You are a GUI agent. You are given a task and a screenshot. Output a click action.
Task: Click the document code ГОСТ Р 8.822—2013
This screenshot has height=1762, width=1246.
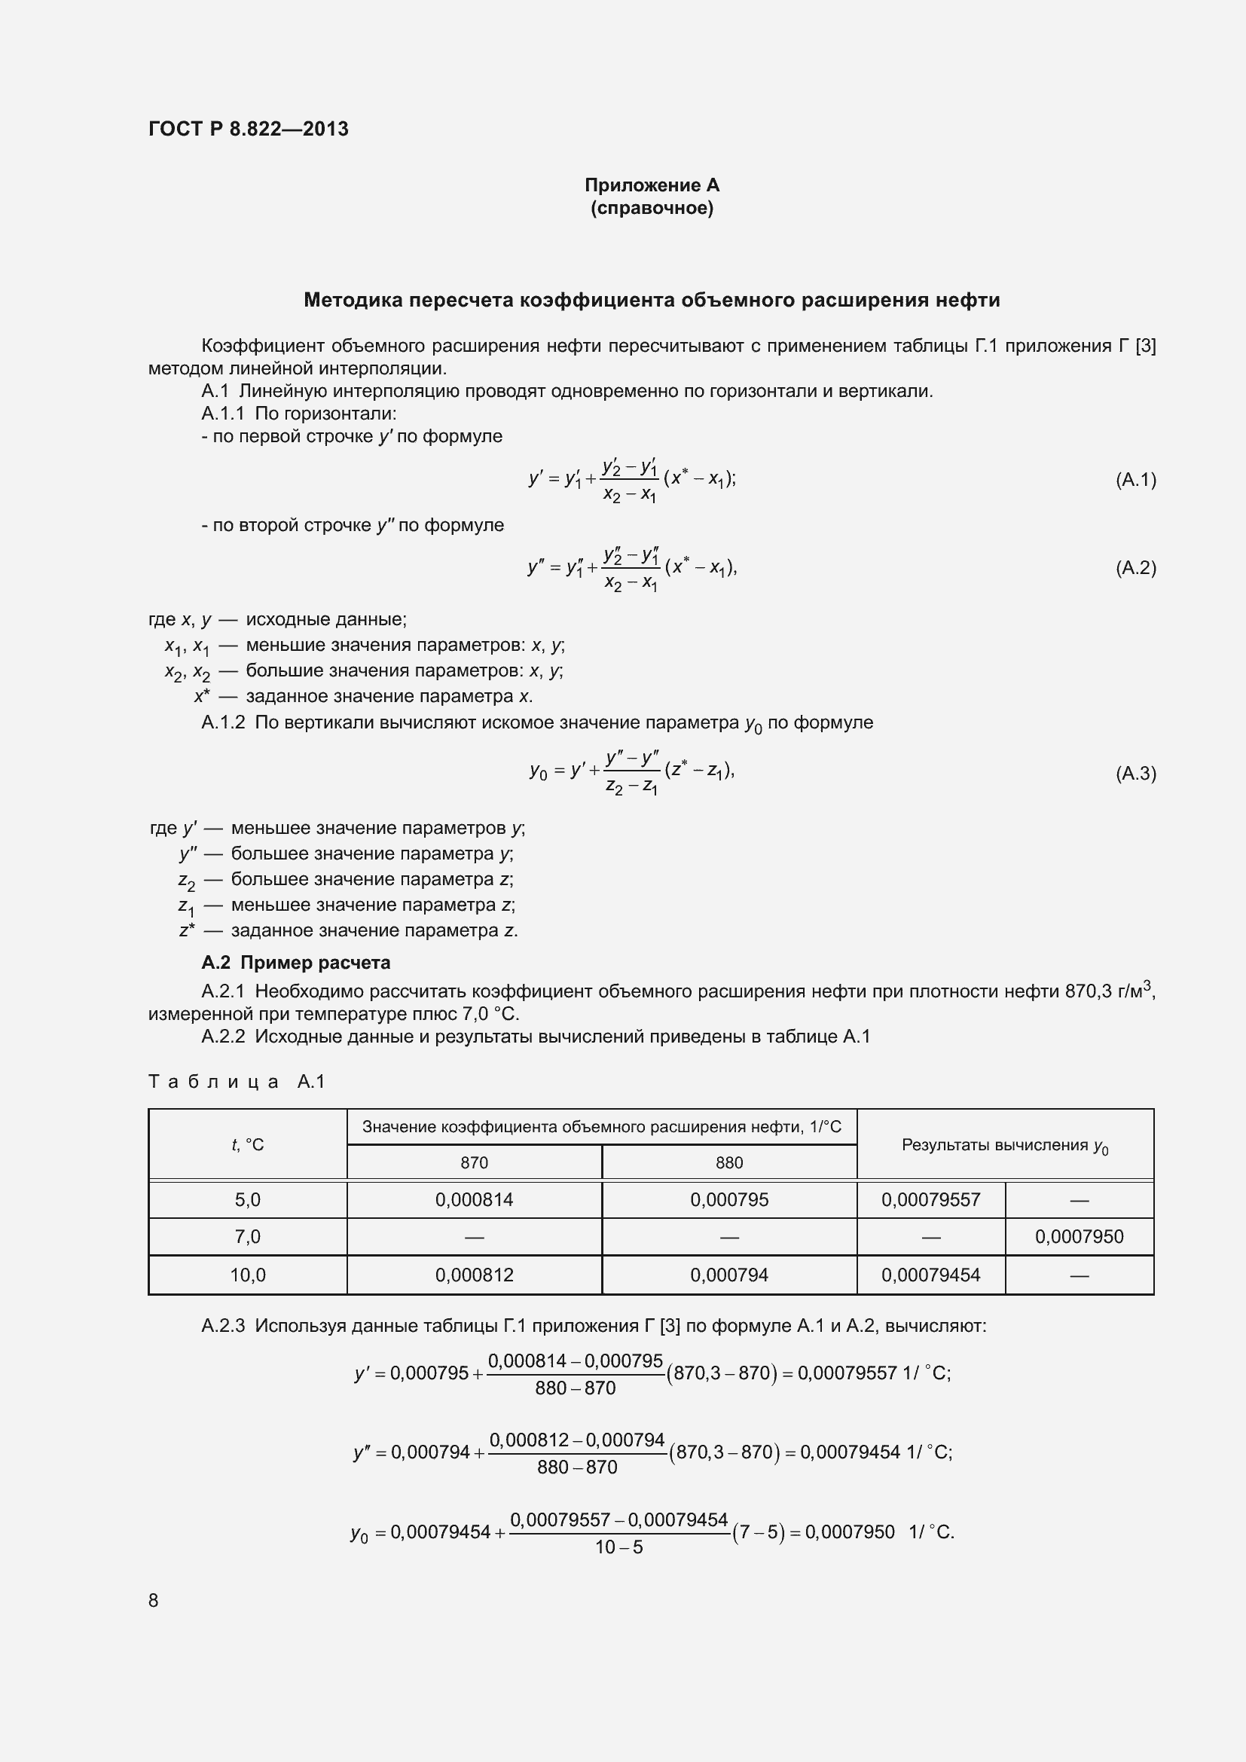coord(248,129)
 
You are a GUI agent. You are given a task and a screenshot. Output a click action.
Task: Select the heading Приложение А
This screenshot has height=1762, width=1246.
coord(652,185)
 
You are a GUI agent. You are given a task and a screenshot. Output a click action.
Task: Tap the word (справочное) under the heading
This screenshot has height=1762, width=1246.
coord(652,209)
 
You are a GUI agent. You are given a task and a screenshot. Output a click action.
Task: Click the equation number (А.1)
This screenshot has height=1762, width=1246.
coord(1135,480)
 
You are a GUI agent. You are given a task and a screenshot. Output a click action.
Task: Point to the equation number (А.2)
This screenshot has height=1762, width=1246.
coord(1135,568)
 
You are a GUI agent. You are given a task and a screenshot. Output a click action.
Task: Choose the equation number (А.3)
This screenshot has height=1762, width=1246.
coord(1135,773)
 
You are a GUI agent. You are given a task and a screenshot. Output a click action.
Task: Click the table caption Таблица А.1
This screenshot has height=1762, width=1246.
coord(237,1081)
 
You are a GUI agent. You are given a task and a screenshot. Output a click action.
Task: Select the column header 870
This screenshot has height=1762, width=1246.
coord(473,1162)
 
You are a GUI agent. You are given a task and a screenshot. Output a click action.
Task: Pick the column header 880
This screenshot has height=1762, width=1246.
coord(729,1162)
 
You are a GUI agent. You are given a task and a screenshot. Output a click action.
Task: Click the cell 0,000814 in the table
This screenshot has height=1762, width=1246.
coord(473,1199)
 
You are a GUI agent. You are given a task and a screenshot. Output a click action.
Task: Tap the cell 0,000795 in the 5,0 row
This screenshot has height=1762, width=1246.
coord(729,1199)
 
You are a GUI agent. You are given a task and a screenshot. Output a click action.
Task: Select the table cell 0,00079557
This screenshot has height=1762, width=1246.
coord(930,1199)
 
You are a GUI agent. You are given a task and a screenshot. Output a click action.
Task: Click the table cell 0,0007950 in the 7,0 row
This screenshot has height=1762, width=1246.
coord(1078,1236)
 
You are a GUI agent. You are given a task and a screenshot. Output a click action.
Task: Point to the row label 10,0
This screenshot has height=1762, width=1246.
coord(247,1275)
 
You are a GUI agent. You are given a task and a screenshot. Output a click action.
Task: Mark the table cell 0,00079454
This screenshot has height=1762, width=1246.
coord(930,1275)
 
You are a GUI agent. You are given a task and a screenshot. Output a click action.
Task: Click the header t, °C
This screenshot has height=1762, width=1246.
coord(247,1145)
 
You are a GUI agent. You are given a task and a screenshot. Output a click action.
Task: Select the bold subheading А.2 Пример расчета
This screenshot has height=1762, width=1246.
coord(295,962)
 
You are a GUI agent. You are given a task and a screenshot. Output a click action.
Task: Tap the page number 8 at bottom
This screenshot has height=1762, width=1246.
coord(154,1600)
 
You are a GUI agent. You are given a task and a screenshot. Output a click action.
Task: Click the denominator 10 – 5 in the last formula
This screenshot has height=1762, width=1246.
coord(618,1547)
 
